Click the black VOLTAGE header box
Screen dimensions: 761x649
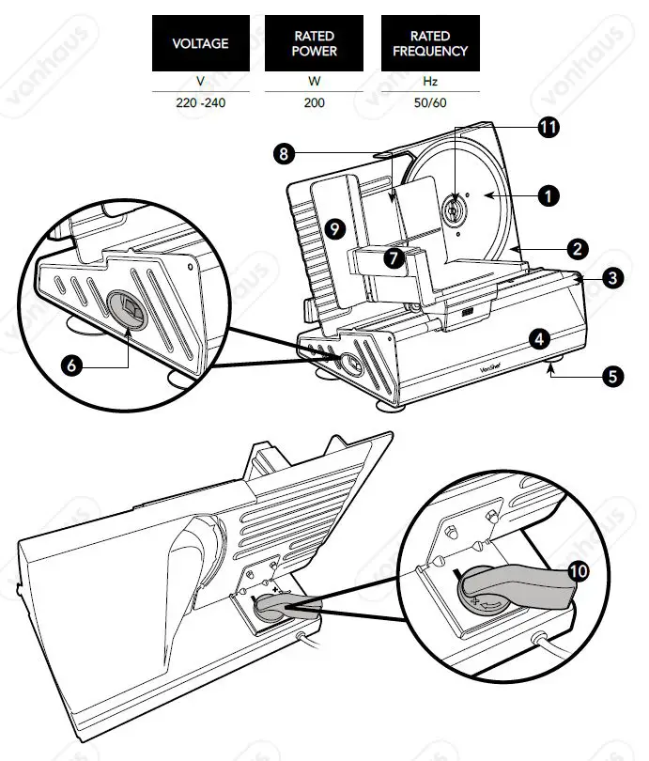[x=201, y=43]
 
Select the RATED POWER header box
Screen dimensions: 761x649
[x=315, y=43]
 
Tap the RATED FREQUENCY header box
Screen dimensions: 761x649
[x=429, y=43]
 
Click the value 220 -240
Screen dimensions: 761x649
[x=201, y=102]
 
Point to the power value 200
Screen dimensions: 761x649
[x=315, y=102]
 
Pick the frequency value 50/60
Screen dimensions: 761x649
[x=429, y=102]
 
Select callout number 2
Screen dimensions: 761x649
[x=579, y=249]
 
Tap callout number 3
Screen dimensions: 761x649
[x=611, y=277]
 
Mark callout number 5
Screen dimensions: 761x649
[x=612, y=377]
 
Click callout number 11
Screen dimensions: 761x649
[x=547, y=127]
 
